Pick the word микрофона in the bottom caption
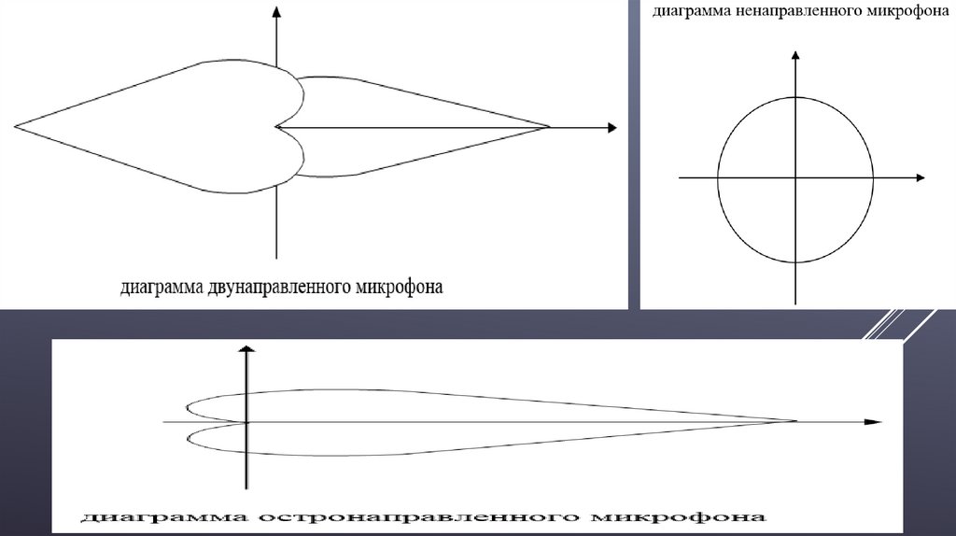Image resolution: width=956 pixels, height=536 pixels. [x=682, y=515]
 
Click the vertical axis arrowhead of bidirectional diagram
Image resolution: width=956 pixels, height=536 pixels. [x=276, y=10]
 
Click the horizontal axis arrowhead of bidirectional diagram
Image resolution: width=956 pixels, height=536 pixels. [x=611, y=127]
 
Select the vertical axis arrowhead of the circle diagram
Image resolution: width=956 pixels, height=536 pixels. [x=794, y=59]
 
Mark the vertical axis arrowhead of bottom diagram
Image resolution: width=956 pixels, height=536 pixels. [x=246, y=349]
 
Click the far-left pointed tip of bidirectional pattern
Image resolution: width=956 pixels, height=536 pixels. [x=15, y=124]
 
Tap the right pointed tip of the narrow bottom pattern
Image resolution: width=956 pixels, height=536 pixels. [x=796, y=421]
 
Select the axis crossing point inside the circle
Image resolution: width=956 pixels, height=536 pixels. [x=794, y=177]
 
